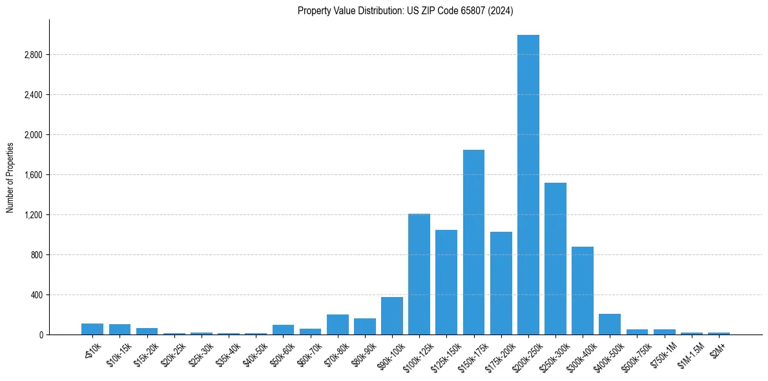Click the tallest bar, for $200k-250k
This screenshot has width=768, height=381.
click(x=528, y=185)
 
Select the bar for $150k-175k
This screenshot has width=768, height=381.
click(x=473, y=242)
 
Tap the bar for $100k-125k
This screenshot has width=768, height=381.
click(x=419, y=274)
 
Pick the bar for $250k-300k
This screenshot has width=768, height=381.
click(x=555, y=258)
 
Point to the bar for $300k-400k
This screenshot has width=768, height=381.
click(x=582, y=291)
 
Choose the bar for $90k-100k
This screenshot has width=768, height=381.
click(x=392, y=316)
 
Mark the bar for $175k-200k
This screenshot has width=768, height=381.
click(x=501, y=283)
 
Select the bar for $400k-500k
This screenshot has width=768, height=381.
click(x=609, y=324)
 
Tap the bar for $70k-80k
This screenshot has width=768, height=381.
click(x=338, y=324)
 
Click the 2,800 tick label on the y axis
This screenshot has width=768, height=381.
click(x=32, y=55)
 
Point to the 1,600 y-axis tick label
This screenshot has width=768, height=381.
click(x=32, y=175)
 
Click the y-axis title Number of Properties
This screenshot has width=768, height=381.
click(x=10, y=177)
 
